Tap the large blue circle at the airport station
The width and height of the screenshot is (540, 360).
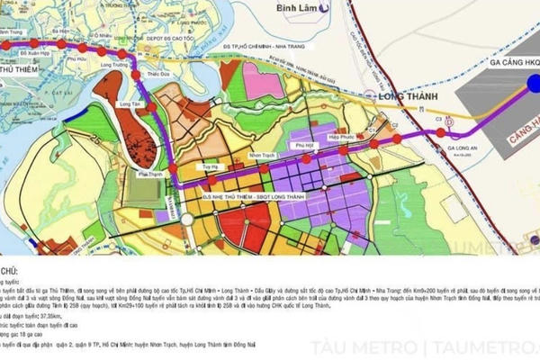tap(533, 85)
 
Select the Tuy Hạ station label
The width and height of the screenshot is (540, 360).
tap(211, 166)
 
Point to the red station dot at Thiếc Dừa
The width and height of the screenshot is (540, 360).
tap(137, 76)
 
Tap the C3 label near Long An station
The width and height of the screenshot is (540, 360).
tap(438, 118)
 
